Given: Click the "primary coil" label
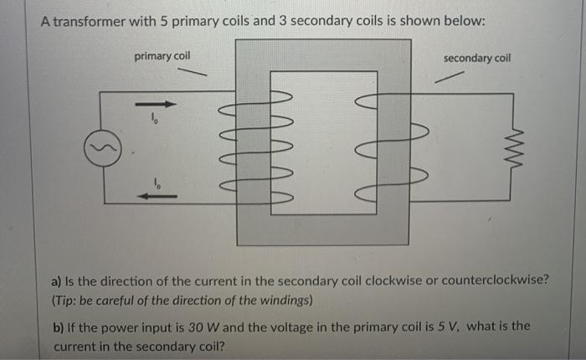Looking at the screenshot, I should tap(162, 55).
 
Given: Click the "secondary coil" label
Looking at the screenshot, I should tap(476, 58).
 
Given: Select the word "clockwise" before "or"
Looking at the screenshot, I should tap(409, 279).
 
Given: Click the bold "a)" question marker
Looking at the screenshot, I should tap(59, 279).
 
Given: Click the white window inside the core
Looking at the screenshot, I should tap(323, 142).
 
